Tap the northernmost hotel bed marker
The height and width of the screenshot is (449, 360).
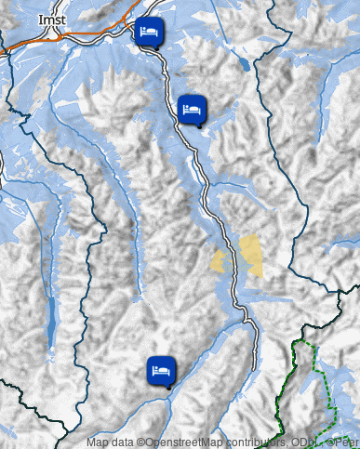point(148,32)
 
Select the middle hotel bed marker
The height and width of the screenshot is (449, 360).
point(191,109)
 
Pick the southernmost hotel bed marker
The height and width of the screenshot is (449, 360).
point(161,370)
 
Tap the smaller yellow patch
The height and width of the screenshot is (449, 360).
point(220,261)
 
